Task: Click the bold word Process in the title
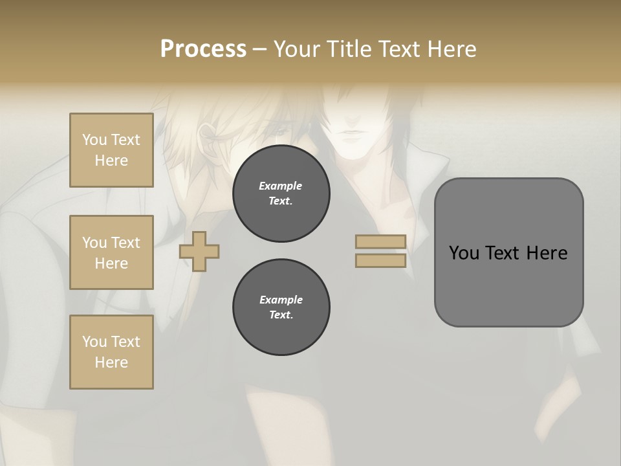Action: (x=203, y=49)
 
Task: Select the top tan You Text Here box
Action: (x=111, y=150)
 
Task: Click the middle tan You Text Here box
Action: (x=111, y=252)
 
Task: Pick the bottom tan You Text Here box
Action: (x=111, y=352)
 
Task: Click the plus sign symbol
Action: (x=199, y=251)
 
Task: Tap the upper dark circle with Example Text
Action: (x=281, y=194)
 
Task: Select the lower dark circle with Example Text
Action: (x=281, y=307)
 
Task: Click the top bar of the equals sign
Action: (x=380, y=242)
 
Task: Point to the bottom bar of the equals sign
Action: (x=380, y=260)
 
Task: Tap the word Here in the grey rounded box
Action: (x=547, y=253)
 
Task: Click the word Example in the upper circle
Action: (x=281, y=186)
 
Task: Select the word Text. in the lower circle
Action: (x=281, y=315)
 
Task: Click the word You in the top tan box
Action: (x=94, y=140)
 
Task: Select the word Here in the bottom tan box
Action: (x=111, y=362)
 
